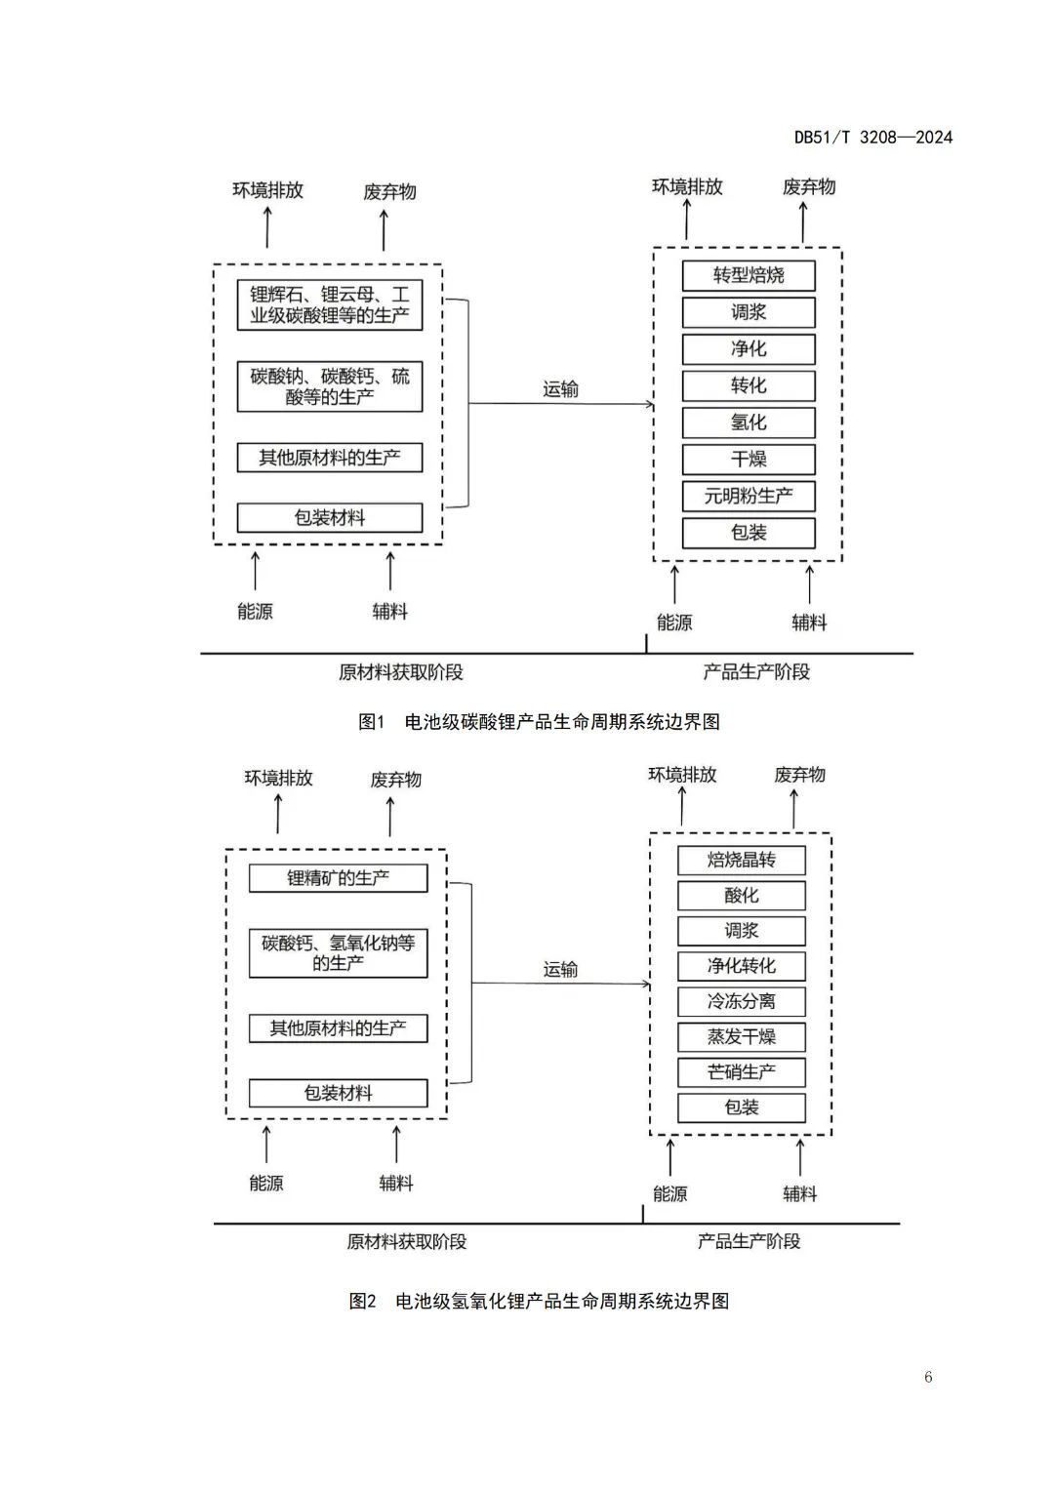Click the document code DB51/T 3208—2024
(872, 138)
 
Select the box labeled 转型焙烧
(749, 275)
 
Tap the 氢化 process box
(749, 423)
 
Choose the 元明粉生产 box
(749, 496)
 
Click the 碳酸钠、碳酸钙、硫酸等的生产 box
(330, 386)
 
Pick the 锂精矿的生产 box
(338, 878)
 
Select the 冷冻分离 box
(742, 1001)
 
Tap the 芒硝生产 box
(742, 1071)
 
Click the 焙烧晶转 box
(742, 860)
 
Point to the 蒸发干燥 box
(742, 1036)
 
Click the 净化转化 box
(742, 966)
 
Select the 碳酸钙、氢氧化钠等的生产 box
(338, 953)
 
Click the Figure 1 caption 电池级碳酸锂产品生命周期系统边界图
(540, 722)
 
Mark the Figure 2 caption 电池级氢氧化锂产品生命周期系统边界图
(540, 1301)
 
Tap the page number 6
(928, 1377)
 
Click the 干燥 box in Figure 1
(749, 460)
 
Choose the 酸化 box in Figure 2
(742, 895)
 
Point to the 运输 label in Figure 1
(560, 389)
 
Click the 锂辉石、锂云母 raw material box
(330, 304)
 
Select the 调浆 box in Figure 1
(749, 312)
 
